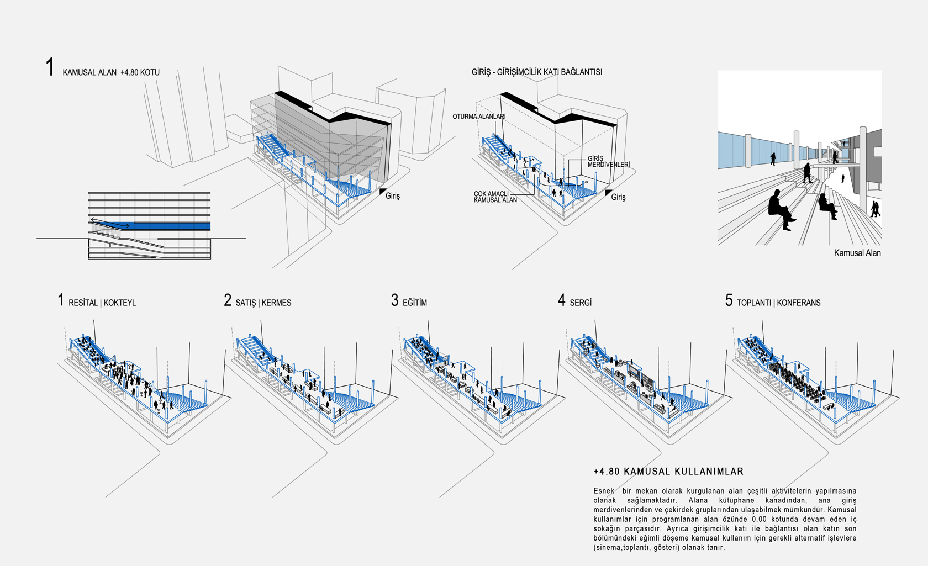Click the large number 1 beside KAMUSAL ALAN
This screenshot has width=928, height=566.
[x=50, y=67]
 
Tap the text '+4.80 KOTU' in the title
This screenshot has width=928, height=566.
[x=140, y=72]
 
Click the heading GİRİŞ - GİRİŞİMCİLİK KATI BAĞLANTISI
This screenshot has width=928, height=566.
[x=536, y=72]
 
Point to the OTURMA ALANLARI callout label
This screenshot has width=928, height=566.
[x=478, y=117]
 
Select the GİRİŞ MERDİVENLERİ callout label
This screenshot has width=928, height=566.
[x=608, y=161]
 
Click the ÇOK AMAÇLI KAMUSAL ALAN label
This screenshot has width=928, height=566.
[x=495, y=197]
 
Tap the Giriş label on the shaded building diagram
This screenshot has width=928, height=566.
[x=392, y=196]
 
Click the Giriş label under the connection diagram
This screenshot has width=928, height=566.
[x=618, y=197]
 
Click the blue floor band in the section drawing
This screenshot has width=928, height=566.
[x=171, y=226]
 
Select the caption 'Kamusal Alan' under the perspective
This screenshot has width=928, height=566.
[x=857, y=253]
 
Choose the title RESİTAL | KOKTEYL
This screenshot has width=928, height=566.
[x=102, y=303]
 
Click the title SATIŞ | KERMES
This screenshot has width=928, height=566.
[x=263, y=303]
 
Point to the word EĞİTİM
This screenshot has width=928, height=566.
[x=414, y=303]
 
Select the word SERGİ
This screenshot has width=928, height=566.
[x=581, y=303]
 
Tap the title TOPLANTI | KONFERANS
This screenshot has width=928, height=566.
[x=778, y=303]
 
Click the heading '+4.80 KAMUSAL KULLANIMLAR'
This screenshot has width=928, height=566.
[x=668, y=472]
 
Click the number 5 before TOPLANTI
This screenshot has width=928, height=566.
[x=729, y=300]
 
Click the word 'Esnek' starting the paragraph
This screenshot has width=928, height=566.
[x=604, y=491]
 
